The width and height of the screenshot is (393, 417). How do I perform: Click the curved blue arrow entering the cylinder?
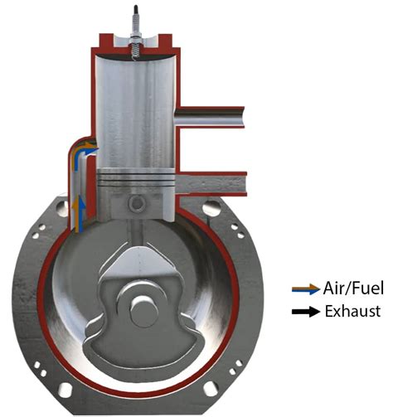point(83,152)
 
